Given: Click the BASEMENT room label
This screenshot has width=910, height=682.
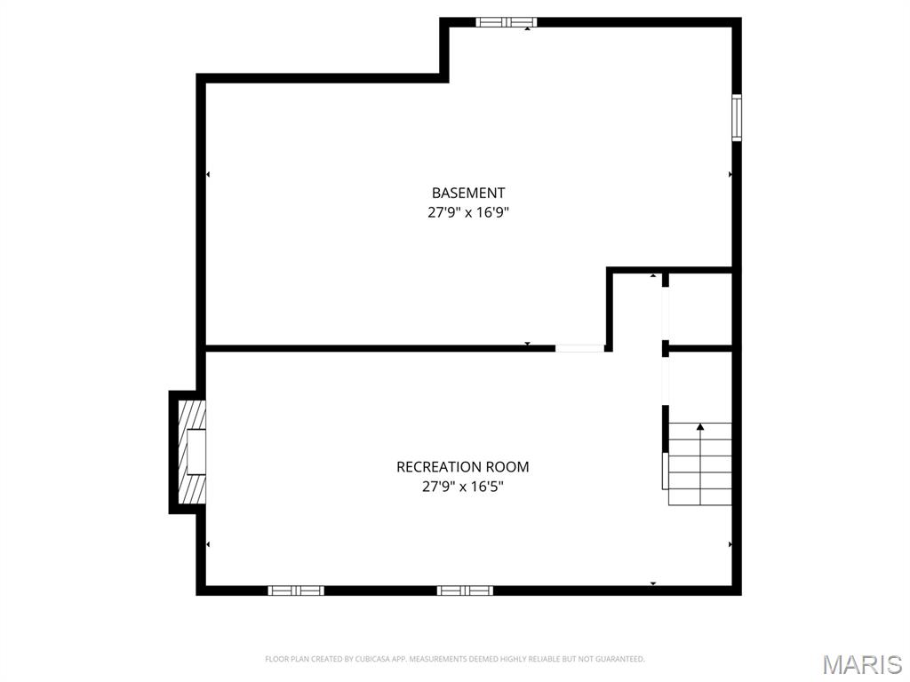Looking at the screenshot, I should (468, 193).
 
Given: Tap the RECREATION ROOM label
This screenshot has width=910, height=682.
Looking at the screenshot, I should (462, 467).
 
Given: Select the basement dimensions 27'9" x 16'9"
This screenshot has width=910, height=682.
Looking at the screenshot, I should (468, 213).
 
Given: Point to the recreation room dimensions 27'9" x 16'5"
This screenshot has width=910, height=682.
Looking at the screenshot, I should (462, 487).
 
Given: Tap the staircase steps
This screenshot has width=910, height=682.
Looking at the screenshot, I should (699, 464).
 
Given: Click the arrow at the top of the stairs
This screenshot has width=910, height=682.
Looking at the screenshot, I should (700, 427).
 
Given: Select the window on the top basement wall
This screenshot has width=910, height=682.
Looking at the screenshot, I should (506, 22).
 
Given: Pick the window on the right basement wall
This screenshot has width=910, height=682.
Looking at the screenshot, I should (737, 117).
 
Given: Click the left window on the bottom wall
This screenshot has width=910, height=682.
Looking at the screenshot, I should (296, 591).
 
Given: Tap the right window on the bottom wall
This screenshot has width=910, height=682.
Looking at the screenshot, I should (465, 591).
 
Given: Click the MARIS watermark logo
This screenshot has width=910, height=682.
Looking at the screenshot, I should (861, 664).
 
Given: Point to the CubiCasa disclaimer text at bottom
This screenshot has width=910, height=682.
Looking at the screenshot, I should (455, 659).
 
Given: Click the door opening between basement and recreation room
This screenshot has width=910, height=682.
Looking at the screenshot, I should (579, 348).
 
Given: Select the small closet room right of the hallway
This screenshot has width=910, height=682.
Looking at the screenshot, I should (699, 306).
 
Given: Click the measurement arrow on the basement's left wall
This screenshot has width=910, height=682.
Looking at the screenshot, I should (208, 174).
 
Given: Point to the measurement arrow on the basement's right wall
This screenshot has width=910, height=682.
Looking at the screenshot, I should (730, 174).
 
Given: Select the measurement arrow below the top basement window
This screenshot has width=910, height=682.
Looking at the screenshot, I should (528, 29).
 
